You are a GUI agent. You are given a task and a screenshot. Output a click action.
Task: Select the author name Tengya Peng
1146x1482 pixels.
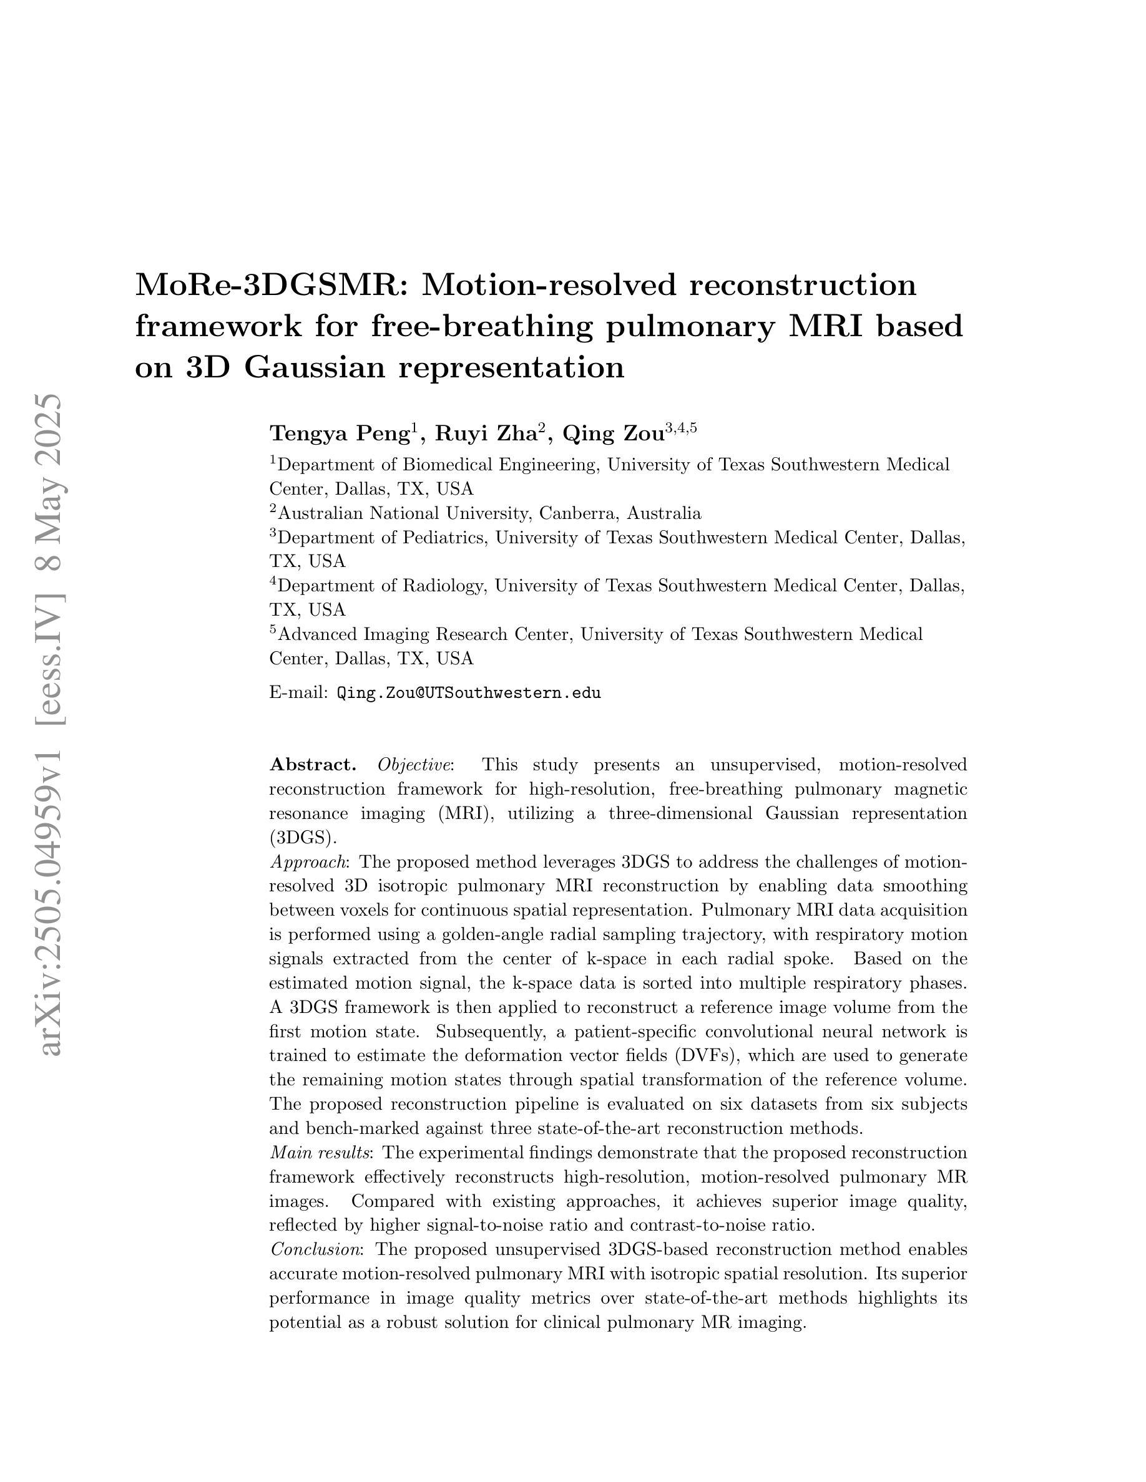(x=339, y=433)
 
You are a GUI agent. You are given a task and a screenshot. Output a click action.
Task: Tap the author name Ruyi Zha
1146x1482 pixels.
(x=486, y=433)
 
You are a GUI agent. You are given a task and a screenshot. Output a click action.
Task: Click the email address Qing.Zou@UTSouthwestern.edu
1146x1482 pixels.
(x=468, y=693)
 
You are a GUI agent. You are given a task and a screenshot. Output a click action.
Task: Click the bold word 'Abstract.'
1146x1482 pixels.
(x=313, y=765)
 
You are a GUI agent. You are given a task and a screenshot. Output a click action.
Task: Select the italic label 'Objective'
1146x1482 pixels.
(x=414, y=765)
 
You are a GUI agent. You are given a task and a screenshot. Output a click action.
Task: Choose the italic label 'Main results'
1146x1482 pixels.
(x=320, y=1153)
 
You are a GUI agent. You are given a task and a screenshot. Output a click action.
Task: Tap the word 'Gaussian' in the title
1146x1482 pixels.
(x=316, y=368)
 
